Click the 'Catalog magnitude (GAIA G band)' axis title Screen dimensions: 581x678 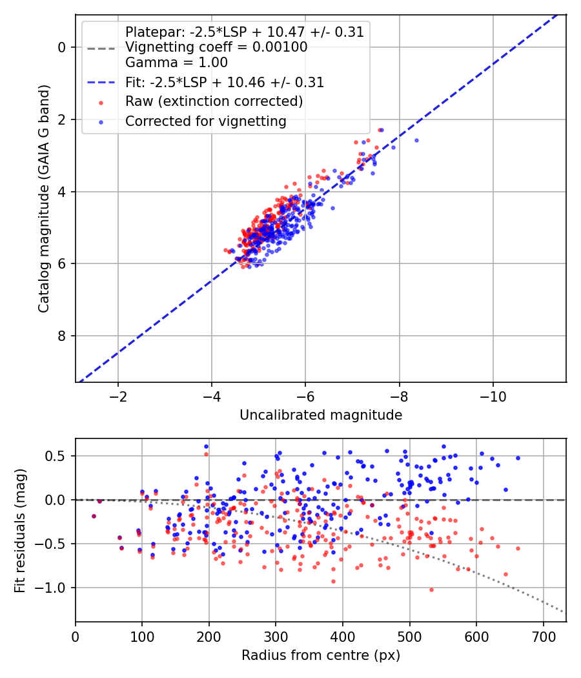(x=44, y=198)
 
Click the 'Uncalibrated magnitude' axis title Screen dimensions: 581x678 (x=321, y=415)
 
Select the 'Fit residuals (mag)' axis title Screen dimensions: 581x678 (x=20, y=531)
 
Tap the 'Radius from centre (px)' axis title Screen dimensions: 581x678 (x=321, y=655)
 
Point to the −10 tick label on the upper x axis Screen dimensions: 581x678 (x=493, y=396)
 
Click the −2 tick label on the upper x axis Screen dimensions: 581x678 (x=117, y=396)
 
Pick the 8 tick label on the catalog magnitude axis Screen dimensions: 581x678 (x=62, y=336)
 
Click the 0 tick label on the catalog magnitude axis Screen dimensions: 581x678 (x=62, y=47)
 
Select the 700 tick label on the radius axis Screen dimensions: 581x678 (x=543, y=637)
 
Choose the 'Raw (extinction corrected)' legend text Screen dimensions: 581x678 (x=214, y=101)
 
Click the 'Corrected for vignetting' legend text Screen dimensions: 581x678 (x=206, y=121)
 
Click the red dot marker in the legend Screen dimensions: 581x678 (x=101, y=103)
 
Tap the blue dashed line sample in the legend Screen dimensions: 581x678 (x=101, y=82)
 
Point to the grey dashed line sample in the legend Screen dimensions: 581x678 (x=101, y=48)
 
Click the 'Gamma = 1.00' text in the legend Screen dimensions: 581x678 (x=176, y=62)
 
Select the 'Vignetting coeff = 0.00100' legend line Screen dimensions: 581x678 (x=216, y=47)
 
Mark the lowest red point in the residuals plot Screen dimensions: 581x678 (x=431, y=590)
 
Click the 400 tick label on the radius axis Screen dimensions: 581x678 (x=342, y=637)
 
